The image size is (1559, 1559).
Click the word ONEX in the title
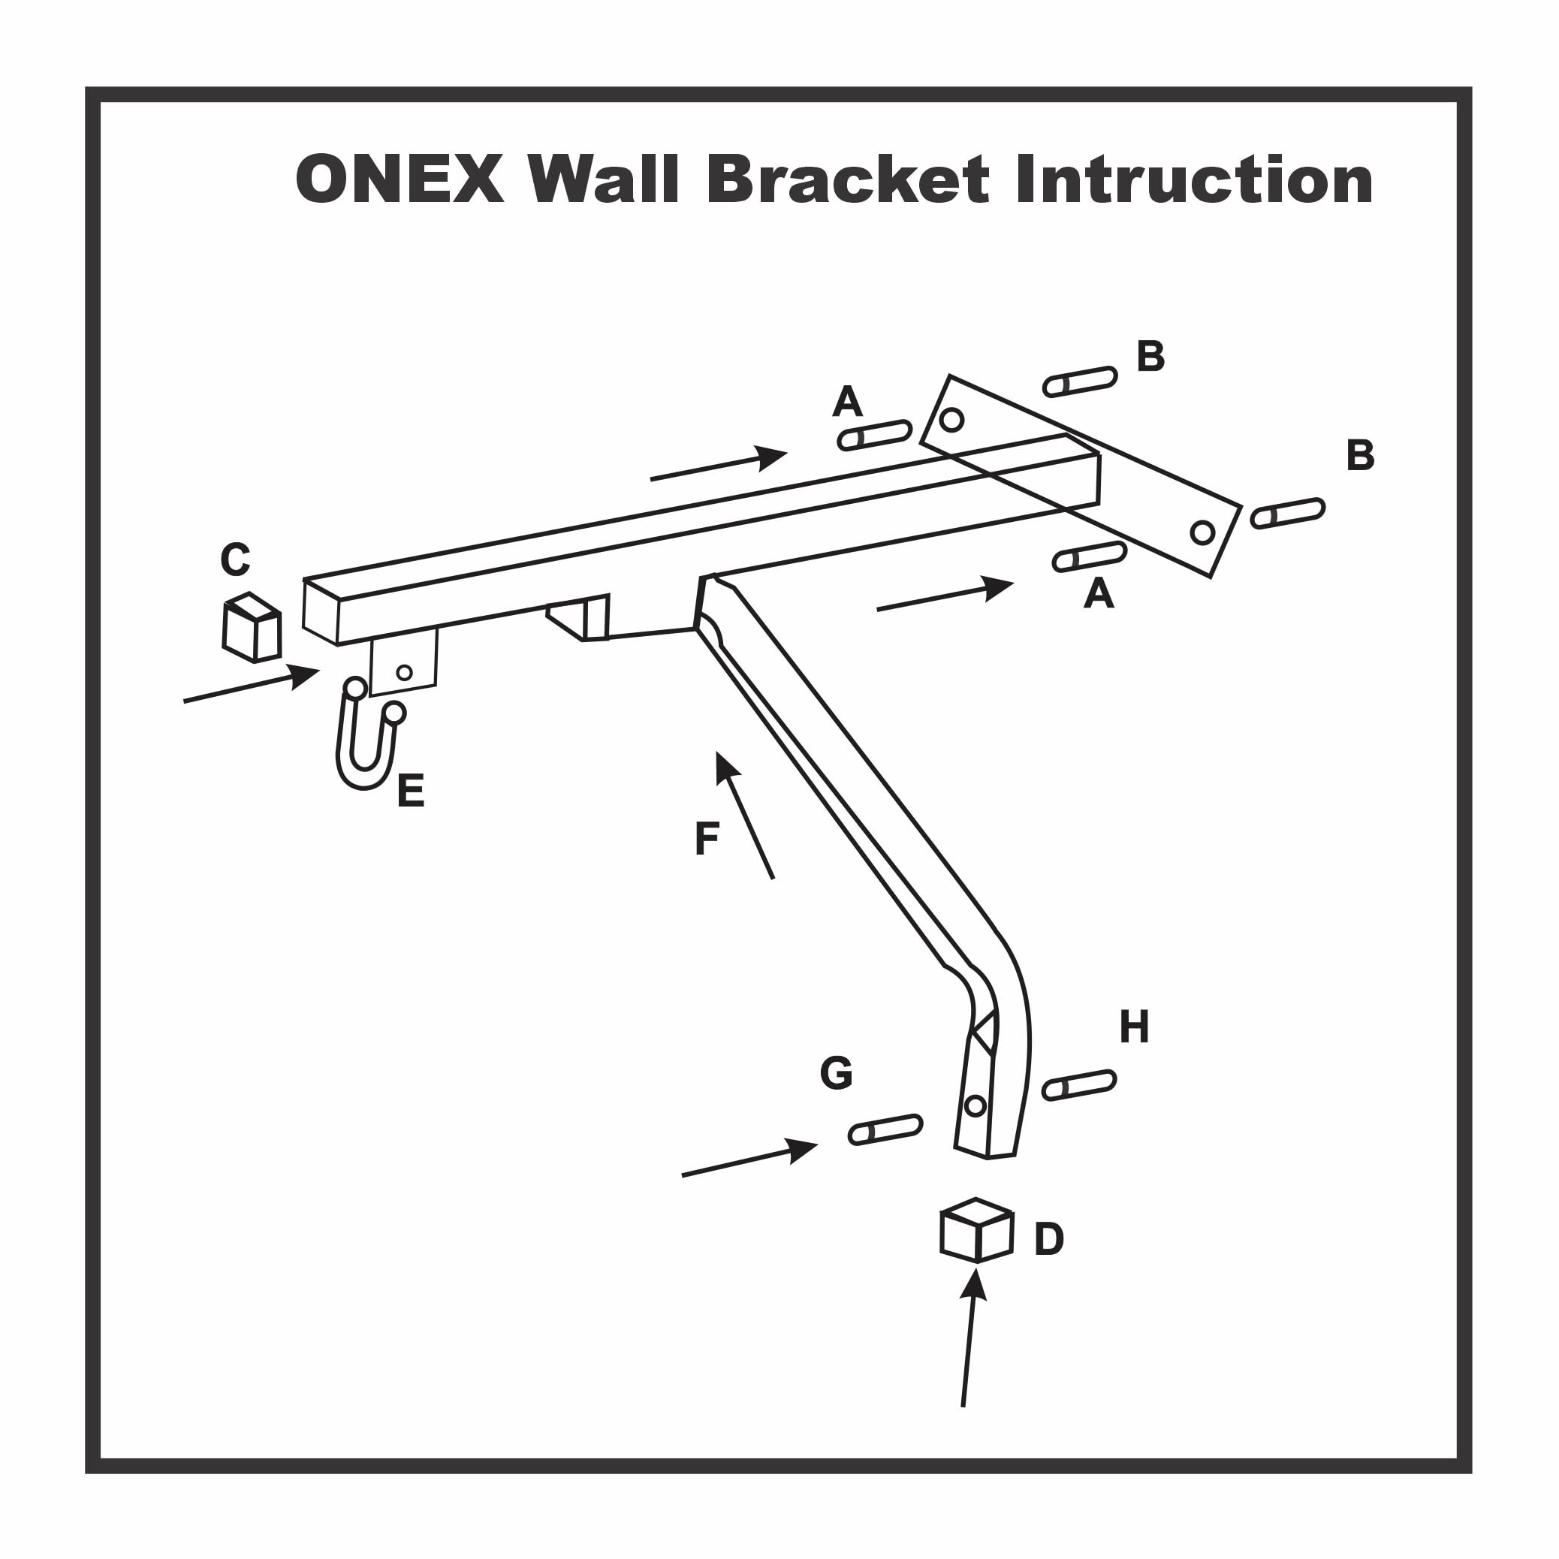tap(400, 179)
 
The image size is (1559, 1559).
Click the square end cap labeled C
tap(252, 628)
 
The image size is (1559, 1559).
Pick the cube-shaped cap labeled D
tap(976, 1231)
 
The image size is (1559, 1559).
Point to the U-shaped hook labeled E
tap(369, 733)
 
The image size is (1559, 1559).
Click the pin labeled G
tap(885, 1129)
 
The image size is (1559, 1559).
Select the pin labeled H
tap(1079, 1085)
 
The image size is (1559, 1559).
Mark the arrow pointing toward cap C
tap(252, 683)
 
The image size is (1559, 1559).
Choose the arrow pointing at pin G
tap(749, 1157)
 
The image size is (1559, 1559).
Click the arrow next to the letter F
tap(744, 814)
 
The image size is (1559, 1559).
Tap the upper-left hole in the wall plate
tap(952, 420)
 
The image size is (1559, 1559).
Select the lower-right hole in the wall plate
tap(1202, 532)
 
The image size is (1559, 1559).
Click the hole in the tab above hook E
tap(404, 673)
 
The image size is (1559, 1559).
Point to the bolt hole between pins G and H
tap(975, 1105)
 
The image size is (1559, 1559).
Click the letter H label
tap(1134, 1027)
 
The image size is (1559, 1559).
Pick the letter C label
tap(235, 559)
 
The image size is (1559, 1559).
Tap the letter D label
tap(1049, 1238)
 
